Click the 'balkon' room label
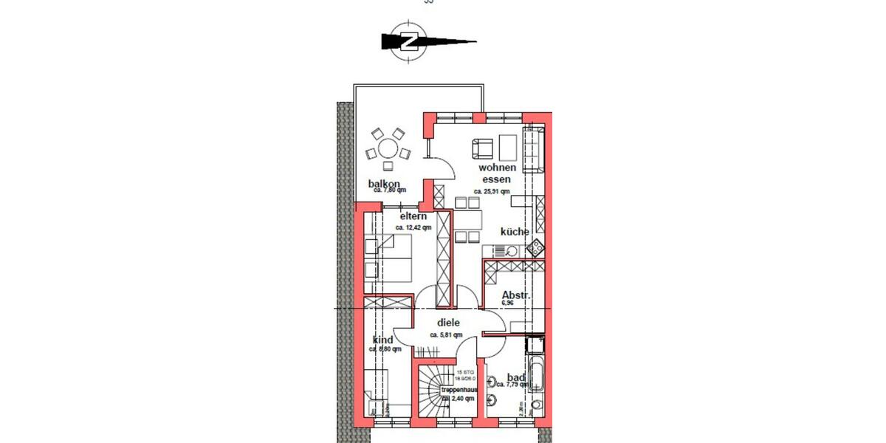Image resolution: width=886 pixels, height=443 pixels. coord(384,184)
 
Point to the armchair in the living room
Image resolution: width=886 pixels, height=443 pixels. coord(482,148)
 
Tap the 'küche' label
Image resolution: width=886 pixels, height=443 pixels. coord(515,231)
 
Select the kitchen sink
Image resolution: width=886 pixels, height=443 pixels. coord(511,251)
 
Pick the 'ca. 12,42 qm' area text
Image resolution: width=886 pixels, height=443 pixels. coord(413,227)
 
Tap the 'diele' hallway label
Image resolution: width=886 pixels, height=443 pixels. coord(448,322)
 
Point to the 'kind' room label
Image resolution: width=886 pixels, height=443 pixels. coord(382,340)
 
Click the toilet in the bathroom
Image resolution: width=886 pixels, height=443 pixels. coord(493,401)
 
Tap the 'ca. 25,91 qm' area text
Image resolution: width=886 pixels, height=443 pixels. coord(492,191)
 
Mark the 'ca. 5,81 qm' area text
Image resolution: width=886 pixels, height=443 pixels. coord(447,334)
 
